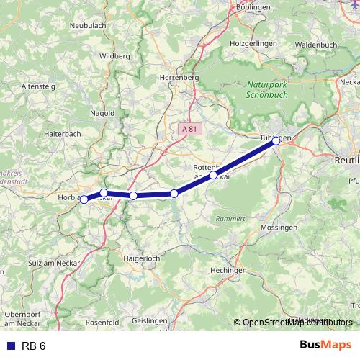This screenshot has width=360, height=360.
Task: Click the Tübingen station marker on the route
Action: (276, 141)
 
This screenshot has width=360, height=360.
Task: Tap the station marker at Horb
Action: (84, 199)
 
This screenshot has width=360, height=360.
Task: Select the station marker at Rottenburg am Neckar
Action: (213, 175)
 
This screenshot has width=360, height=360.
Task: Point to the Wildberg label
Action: (116, 55)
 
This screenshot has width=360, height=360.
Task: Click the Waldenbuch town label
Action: (315, 44)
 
